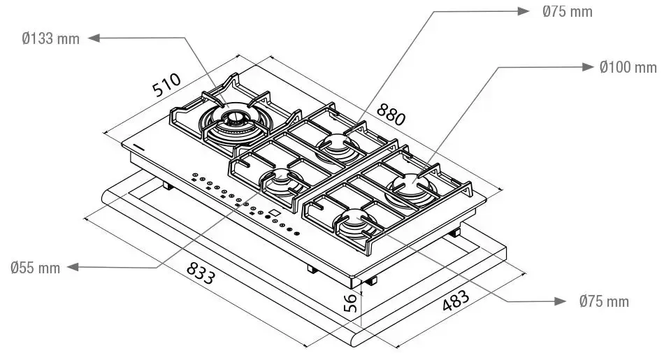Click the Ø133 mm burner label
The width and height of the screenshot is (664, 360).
point(50,38)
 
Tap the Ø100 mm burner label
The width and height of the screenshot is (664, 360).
point(628,67)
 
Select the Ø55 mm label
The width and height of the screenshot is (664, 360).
point(35,268)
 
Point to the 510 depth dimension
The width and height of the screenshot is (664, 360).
point(167,85)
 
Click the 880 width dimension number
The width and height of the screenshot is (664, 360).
point(391,114)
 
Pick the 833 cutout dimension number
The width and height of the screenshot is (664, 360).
point(201,273)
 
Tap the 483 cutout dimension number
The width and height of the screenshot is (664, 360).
point(456,301)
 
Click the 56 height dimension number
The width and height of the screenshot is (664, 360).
point(350,303)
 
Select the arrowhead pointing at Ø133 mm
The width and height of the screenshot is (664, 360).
point(94,38)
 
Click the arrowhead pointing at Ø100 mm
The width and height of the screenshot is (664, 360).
point(589,66)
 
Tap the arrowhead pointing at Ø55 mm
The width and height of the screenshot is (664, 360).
point(73,267)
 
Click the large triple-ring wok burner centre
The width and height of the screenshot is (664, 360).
point(233,118)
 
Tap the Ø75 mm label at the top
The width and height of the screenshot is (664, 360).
point(568,11)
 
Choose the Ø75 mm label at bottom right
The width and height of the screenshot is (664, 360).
point(604,301)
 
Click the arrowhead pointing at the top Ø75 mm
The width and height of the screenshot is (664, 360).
point(524,11)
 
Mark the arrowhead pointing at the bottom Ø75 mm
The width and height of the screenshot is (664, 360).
point(561,301)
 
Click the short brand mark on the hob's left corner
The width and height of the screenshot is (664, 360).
point(138,147)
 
